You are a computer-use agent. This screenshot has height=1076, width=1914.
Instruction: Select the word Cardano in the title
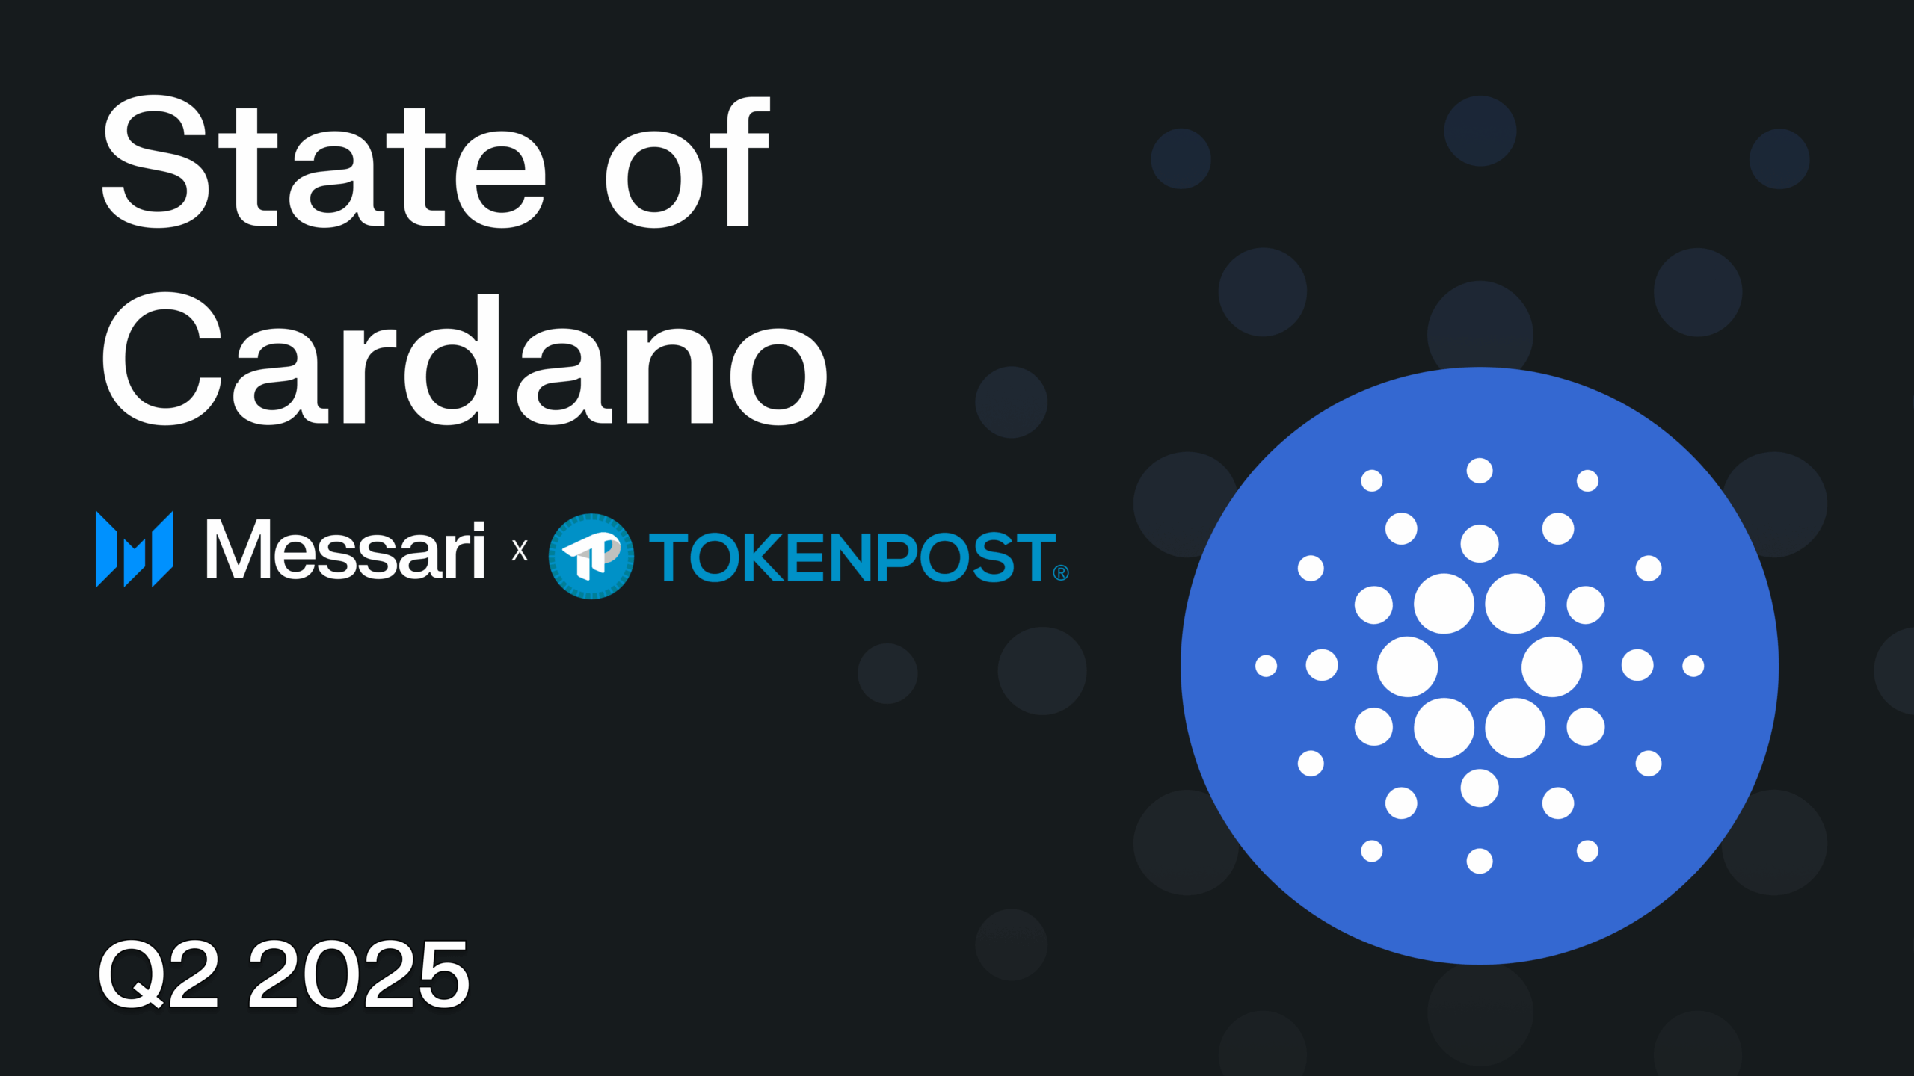(x=464, y=359)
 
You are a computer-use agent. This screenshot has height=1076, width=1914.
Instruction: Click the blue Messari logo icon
(x=135, y=549)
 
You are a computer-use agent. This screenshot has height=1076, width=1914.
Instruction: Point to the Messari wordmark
(x=345, y=549)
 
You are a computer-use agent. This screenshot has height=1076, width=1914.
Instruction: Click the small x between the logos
(x=520, y=551)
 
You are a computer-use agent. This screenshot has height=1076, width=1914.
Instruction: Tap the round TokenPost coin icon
(x=591, y=556)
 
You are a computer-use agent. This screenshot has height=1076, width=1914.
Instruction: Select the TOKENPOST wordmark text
(x=852, y=557)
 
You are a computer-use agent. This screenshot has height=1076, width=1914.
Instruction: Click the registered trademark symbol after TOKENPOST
(x=1061, y=573)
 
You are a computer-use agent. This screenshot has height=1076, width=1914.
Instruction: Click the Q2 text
(x=159, y=974)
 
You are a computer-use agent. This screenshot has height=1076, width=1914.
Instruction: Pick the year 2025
(x=359, y=974)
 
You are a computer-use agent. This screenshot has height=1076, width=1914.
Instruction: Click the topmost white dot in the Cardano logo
(x=1480, y=471)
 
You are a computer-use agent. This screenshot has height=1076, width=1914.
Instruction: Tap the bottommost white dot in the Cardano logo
(x=1480, y=861)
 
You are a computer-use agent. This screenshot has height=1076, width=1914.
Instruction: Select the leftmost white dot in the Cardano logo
(x=1266, y=666)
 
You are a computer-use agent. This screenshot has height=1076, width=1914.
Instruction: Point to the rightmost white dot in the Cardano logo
(x=1693, y=666)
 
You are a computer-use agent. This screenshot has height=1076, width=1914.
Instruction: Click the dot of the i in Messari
(x=478, y=526)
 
